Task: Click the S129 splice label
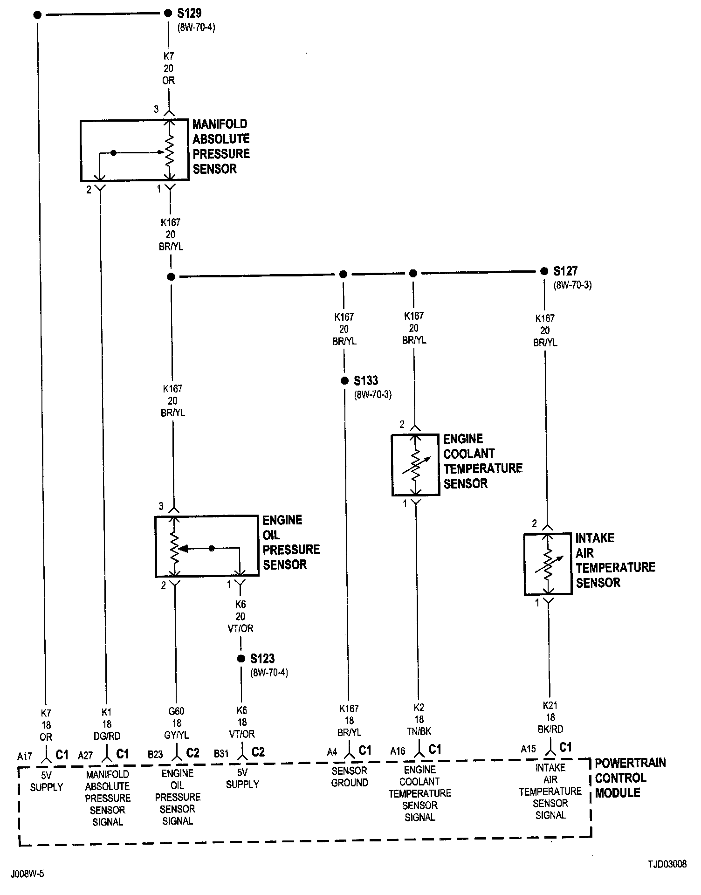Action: pyautogui.click(x=189, y=13)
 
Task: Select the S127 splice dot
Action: pyautogui.click(x=544, y=271)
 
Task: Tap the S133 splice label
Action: pyautogui.click(x=366, y=381)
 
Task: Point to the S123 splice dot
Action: pyautogui.click(x=241, y=659)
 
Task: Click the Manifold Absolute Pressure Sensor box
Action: pyautogui.click(x=134, y=151)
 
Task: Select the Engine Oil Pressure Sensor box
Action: pyautogui.click(x=206, y=545)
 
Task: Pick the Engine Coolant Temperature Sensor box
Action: pyautogui.click(x=415, y=465)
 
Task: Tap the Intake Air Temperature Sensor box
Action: pyautogui.click(x=548, y=564)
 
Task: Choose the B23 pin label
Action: pyautogui.click(x=156, y=754)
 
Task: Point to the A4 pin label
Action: pyautogui.click(x=332, y=752)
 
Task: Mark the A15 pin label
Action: pyautogui.click(x=529, y=750)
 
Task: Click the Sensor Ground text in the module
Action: pyautogui.click(x=350, y=777)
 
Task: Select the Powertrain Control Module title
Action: pyautogui.click(x=630, y=778)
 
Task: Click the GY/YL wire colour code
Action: pyautogui.click(x=176, y=735)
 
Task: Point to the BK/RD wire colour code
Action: pyautogui.click(x=550, y=730)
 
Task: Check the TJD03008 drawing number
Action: pyautogui.click(x=667, y=864)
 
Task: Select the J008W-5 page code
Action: pyautogui.click(x=29, y=873)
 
